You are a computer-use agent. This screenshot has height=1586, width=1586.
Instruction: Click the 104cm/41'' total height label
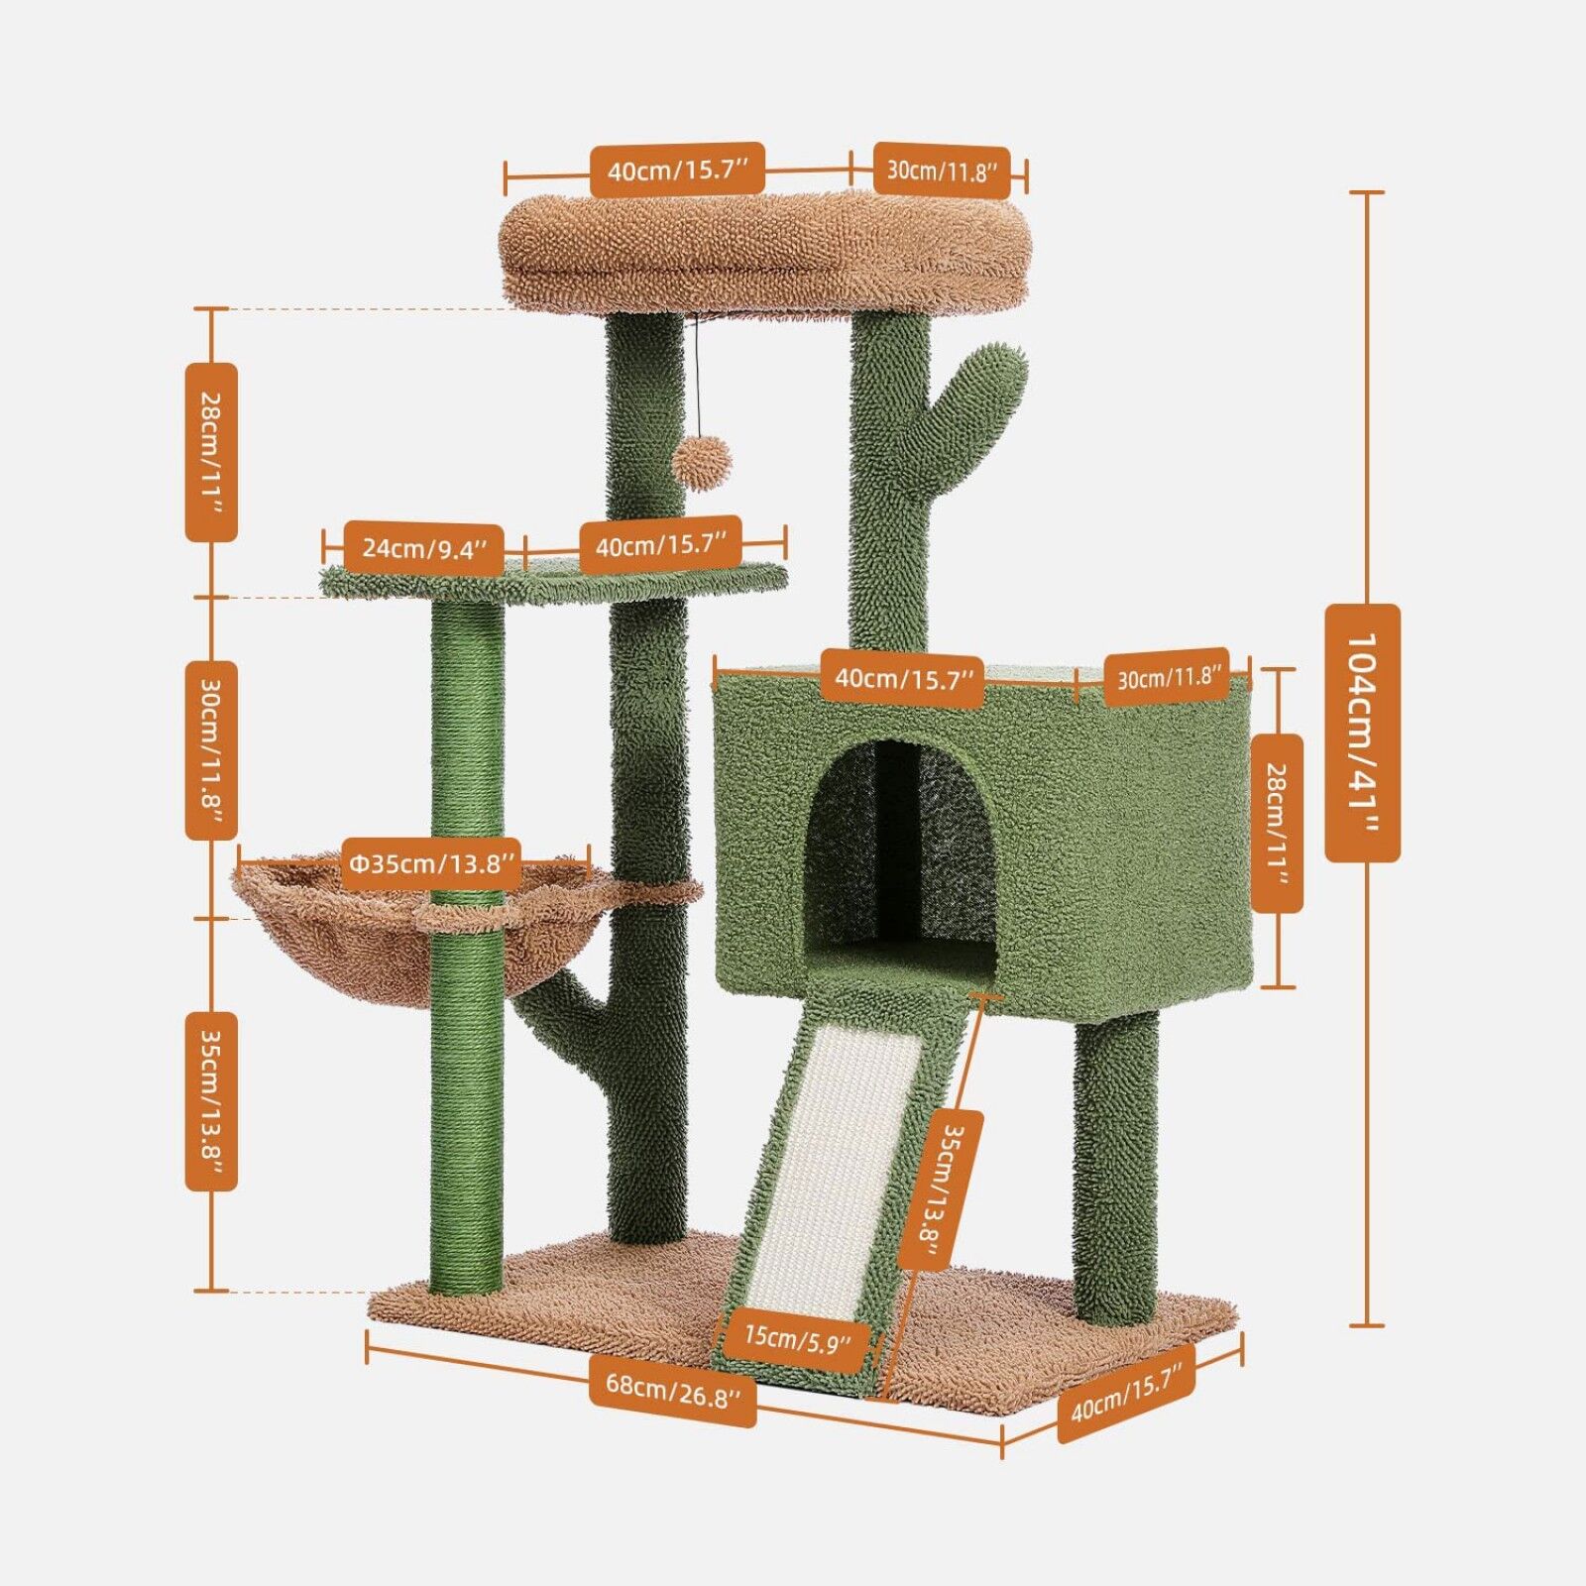[x=1362, y=734]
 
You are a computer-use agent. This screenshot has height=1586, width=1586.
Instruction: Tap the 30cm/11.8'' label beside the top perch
[x=941, y=170]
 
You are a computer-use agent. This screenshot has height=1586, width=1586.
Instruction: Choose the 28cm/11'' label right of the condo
[x=1277, y=823]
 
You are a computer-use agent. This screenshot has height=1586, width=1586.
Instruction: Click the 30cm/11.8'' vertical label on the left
[x=211, y=750]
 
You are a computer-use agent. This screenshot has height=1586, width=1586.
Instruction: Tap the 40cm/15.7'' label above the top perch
[x=677, y=170]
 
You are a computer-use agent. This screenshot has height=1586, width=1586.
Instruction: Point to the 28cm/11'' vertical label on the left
[x=211, y=452]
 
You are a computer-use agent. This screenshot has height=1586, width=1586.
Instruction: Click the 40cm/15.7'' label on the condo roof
[x=902, y=680]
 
